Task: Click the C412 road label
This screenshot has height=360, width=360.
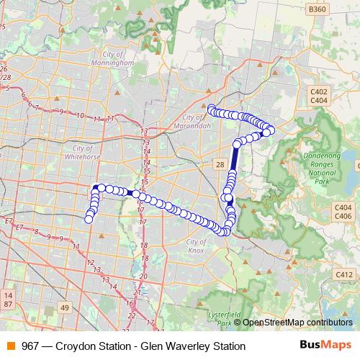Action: coord(343,274)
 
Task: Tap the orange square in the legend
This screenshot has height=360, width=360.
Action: coord(10,346)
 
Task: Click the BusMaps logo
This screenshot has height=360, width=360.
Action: coord(325,346)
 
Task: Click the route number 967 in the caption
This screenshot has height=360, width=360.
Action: coord(31,346)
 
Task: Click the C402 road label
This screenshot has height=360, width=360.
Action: coord(320,91)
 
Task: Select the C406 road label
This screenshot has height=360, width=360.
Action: coord(343,216)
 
